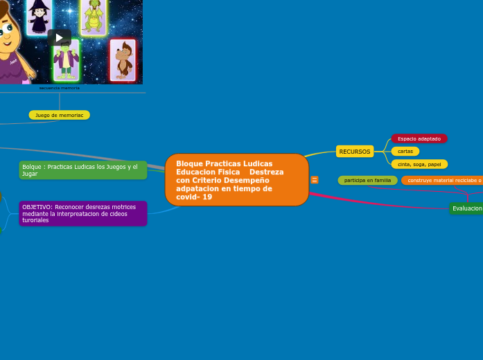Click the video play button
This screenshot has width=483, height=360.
pos(60,37)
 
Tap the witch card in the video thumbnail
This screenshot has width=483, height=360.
pos(39,17)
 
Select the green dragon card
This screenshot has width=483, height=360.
pos(93,17)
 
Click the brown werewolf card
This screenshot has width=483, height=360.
pos(123,60)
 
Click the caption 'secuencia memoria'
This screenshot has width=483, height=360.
pos(60,88)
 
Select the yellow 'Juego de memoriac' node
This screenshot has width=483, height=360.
pos(60,115)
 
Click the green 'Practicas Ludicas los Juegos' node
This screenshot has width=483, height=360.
pos(82,170)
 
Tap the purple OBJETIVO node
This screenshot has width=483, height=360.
pos(82,213)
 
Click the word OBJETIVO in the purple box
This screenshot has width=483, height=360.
pos(37,207)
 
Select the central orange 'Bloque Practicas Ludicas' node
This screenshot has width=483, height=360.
pos(237,180)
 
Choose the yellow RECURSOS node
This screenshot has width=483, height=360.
pos(355,152)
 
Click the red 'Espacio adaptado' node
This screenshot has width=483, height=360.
pos(419,138)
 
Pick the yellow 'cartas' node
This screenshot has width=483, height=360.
pos(405,151)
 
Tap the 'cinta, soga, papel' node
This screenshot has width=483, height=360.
pos(419,164)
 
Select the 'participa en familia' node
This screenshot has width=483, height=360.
pos(367,180)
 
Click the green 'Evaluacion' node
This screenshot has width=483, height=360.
pos(467,208)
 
